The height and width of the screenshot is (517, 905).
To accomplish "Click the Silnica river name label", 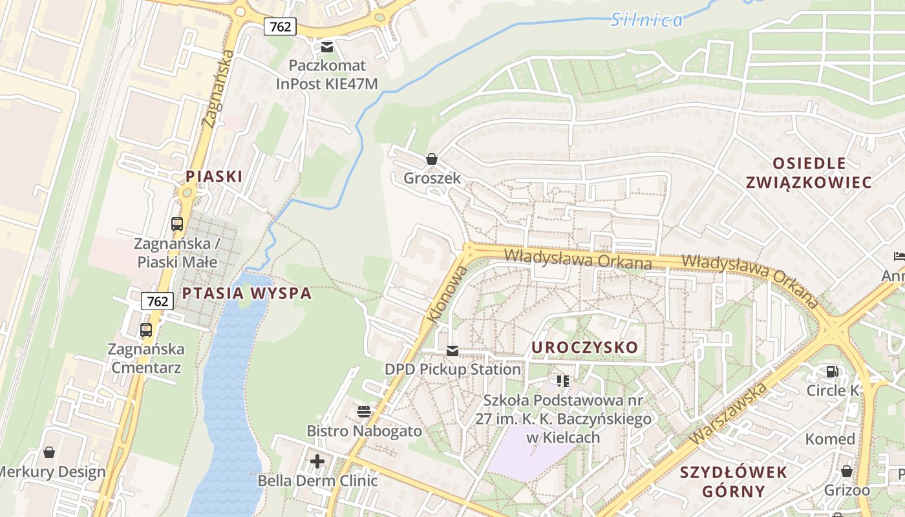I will point(646,19).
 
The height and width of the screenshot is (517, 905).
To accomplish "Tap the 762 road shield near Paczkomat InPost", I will point(280,26).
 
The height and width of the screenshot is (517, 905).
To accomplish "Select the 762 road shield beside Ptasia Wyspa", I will point(157,301).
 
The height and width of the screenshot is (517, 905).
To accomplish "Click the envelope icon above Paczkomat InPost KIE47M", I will point(327,47).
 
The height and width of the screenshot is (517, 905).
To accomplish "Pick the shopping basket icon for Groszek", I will point(432,159).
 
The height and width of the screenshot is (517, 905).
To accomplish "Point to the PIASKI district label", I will point(214,176).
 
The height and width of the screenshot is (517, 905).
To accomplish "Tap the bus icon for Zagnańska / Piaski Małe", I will point(176,224).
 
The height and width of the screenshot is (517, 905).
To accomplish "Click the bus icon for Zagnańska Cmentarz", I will point(146,330).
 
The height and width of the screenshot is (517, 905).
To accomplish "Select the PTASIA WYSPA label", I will point(246,293).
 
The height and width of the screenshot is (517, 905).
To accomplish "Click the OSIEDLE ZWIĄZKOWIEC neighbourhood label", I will point(809,173).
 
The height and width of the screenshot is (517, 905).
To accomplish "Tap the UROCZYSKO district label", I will point(584,348).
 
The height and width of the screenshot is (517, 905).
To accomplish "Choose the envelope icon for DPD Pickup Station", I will point(452,350).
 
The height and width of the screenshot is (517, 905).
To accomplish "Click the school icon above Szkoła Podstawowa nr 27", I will point(563,381).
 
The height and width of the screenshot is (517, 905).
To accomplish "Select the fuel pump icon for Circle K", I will point(832,372).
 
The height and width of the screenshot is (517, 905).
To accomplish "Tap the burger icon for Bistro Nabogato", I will point(364,412).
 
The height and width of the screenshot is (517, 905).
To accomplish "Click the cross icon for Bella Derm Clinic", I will point(317,461).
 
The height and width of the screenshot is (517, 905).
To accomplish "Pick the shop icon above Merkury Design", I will point(48,452).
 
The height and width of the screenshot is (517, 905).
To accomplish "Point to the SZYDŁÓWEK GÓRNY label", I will point(734,481).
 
